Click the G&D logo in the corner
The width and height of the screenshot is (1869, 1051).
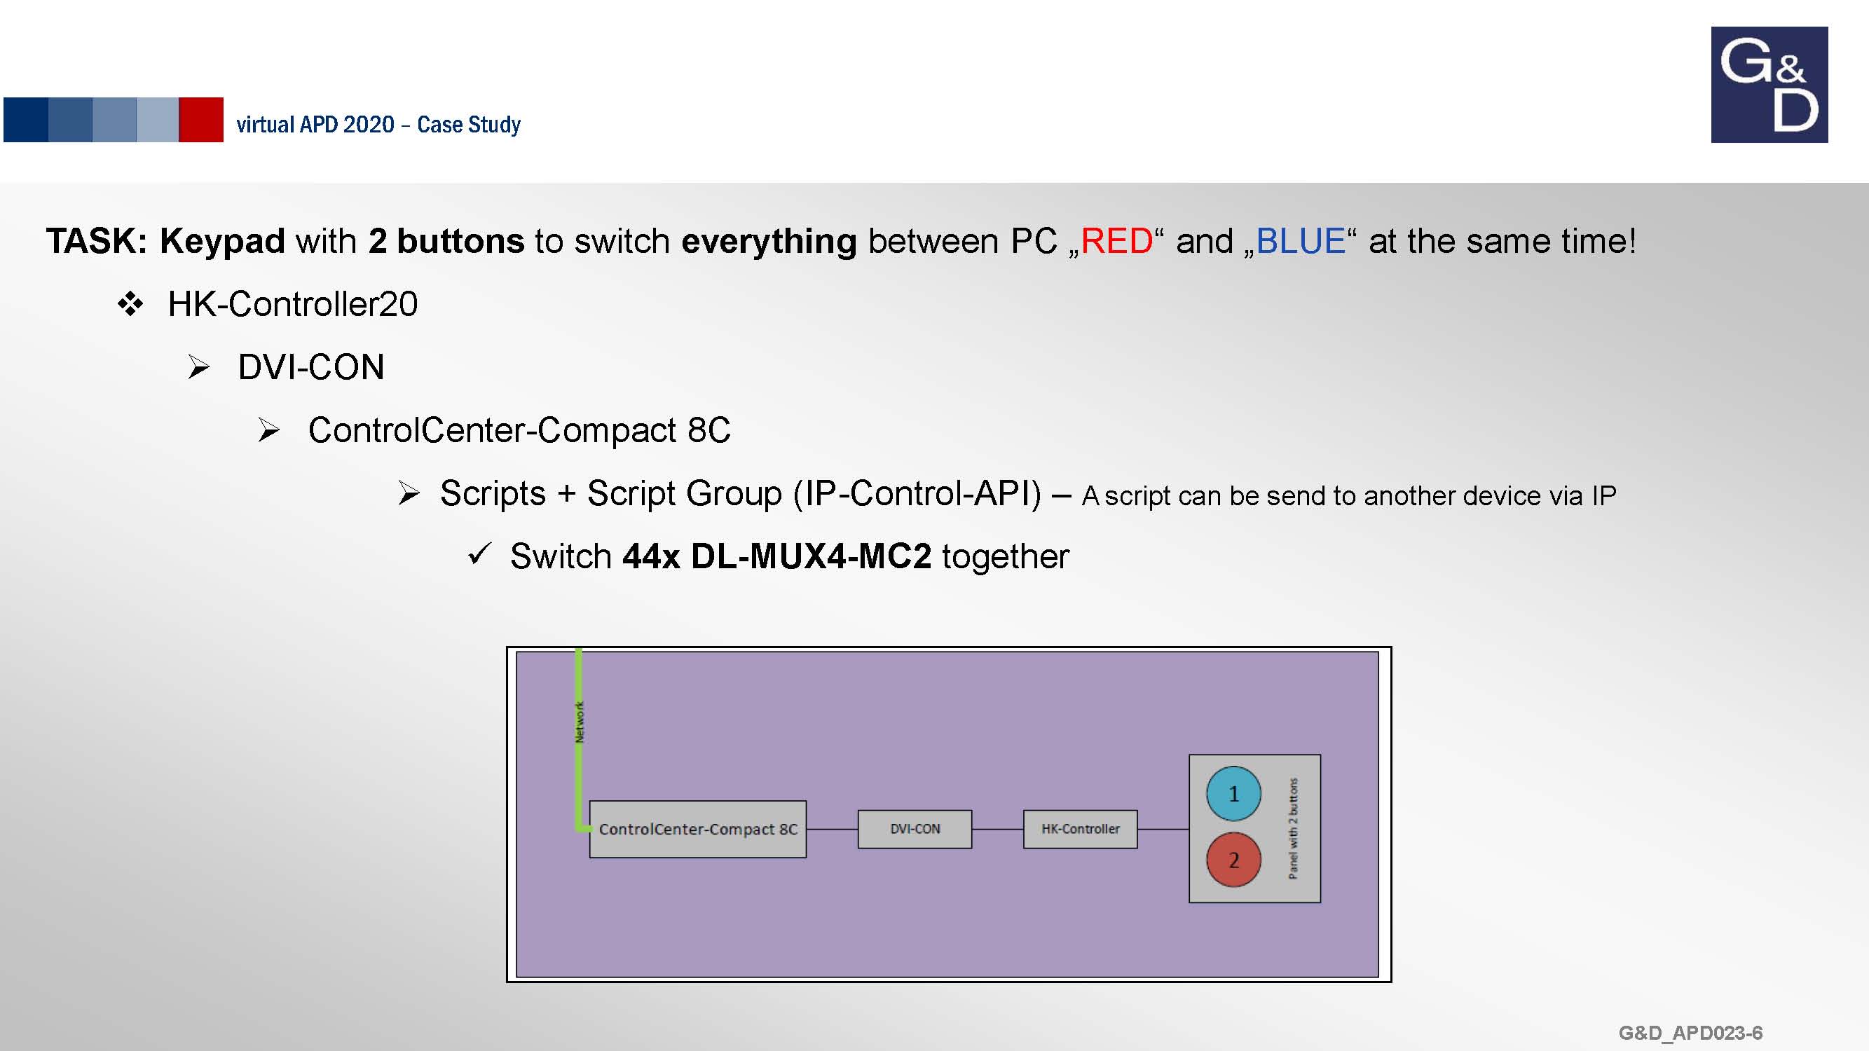pos(1769,84)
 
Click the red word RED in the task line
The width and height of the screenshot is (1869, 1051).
pos(1116,241)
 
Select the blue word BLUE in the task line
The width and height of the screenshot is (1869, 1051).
pos(1300,241)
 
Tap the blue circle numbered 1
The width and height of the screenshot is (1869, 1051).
pos(1233,794)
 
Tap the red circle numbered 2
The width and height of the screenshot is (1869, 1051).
pos(1233,860)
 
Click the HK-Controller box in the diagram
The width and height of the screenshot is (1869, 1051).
pos(1081,829)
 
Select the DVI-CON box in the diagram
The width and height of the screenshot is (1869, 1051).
pos(915,829)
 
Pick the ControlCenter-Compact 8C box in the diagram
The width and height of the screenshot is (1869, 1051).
pos(698,829)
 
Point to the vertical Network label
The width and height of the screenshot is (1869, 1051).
pos(579,722)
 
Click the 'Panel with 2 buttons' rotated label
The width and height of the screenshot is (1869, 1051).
pos(1293,828)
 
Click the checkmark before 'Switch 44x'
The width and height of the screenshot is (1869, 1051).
pos(479,554)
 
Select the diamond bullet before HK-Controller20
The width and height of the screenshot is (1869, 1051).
pos(130,304)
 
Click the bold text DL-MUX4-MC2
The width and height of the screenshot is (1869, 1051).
pos(810,556)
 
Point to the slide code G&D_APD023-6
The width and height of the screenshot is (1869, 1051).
pos(1690,1033)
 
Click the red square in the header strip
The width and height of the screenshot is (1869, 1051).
pos(201,120)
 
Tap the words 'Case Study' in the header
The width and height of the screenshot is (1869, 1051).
pos(469,125)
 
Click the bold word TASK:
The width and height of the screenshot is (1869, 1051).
pos(97,241)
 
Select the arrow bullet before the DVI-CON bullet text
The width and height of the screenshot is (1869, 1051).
pos(199,367)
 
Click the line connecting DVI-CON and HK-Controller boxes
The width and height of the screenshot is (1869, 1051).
pos(998,829)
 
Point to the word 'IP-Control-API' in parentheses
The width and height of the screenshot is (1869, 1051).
pos(917,493)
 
